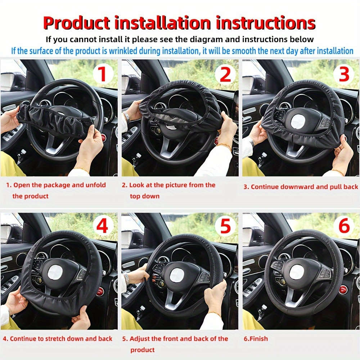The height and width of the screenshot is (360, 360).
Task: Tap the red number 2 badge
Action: click(225, 75)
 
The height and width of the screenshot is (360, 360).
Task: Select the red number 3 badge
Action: click(344, 75)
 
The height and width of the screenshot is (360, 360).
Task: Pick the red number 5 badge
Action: click(225, 227)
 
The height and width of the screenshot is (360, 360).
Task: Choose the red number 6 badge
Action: click(344, 227)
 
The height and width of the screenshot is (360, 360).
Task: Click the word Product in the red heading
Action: click(76, 23)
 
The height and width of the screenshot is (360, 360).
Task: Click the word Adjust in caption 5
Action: click(140, 339)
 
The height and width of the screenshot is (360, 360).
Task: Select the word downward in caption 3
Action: click(297, 187)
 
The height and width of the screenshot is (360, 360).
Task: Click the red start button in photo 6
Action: click(343, 289)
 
